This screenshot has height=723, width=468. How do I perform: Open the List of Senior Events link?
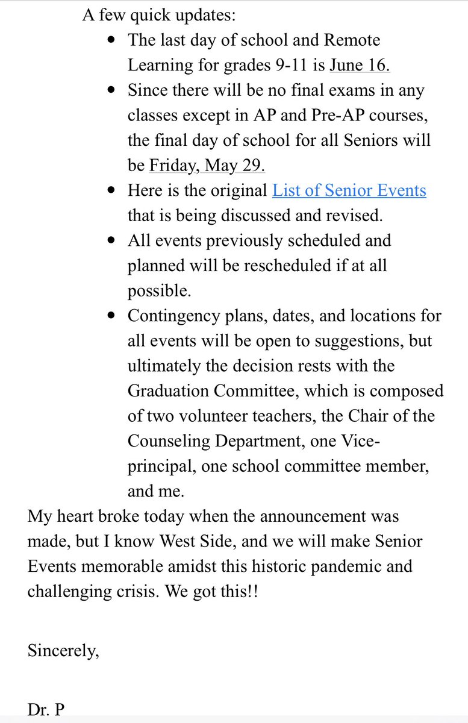(x=349, y=191)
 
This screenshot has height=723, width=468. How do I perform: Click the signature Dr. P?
(x=46, y=710)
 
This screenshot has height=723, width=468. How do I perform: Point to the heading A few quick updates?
(x=161, y=15)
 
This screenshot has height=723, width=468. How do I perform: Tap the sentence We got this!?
(x=224, y=592)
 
